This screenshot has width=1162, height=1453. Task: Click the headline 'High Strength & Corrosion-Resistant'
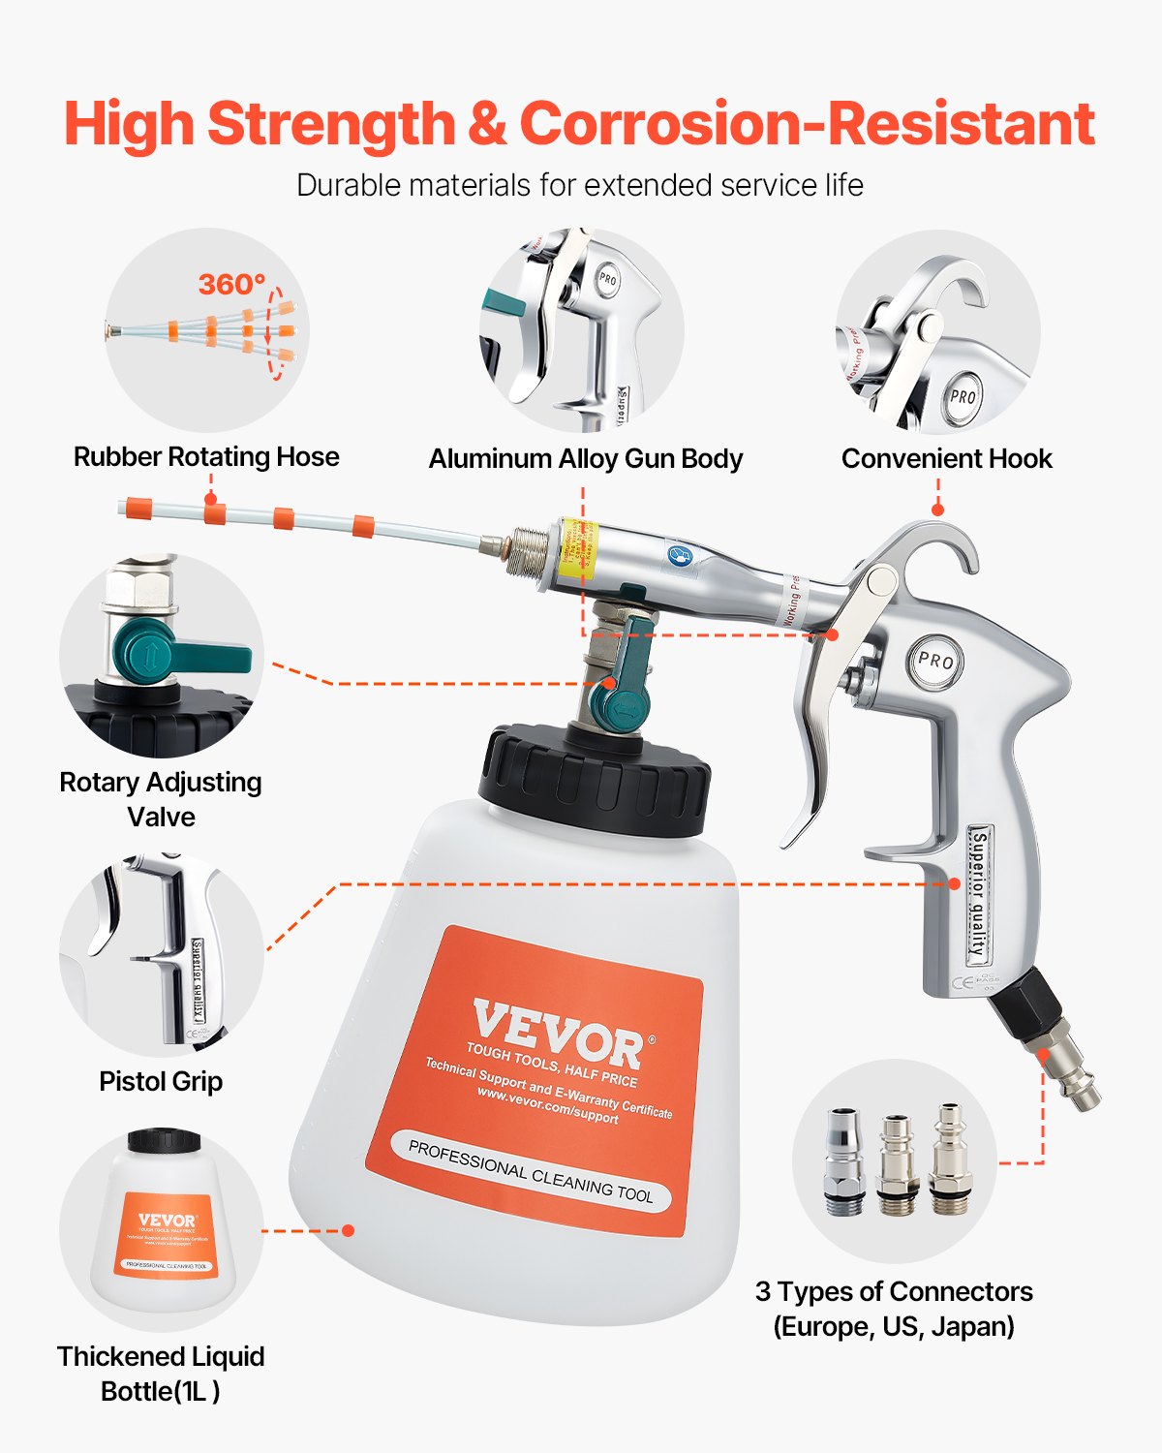[579, 124]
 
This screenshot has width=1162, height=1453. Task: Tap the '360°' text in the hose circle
[231, 284]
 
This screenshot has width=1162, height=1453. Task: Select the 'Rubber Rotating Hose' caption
[206, 456]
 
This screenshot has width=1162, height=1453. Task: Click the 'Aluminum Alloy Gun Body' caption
[586, 458]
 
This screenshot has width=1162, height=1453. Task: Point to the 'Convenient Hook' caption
[946, 458]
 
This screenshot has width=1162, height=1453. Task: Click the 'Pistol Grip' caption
[161, 1081]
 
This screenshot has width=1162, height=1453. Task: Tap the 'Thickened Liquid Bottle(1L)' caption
[161, 1374]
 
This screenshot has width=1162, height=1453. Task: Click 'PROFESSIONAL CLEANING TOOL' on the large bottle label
[531, 1172]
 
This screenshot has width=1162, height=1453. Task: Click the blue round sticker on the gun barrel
[679, 555]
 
